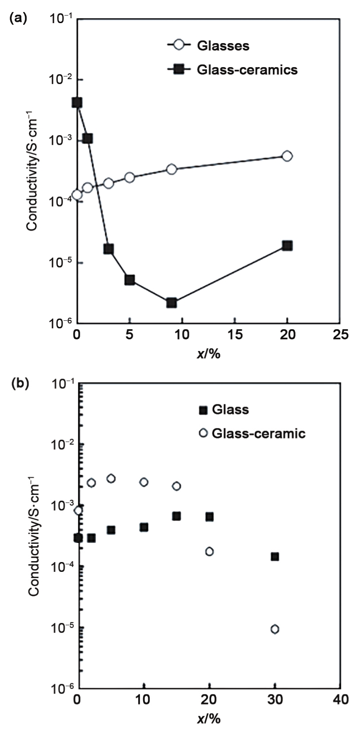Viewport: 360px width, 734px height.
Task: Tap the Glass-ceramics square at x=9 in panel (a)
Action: click(x=172, y=303)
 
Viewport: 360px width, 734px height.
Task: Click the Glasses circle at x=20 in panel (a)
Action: click(x=287, y=156)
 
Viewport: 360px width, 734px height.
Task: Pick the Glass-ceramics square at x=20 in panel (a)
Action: click(x=287, y=246)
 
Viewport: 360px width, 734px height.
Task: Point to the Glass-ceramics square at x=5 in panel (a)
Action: click(x=130, y=280)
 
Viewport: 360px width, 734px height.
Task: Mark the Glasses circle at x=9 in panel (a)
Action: click(x=172, y=169)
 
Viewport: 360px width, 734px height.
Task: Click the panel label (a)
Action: click(x=18, y=18)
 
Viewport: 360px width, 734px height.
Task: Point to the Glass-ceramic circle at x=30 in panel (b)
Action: click(x=275, y=629)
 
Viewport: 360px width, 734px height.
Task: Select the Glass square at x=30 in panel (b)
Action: click(x=275, y=557)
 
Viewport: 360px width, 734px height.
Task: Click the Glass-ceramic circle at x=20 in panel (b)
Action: click(x=209, y=551)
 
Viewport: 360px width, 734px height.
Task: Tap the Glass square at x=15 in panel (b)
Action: click(x=176, y=516)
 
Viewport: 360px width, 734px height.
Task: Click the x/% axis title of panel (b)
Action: click(x=208, y=718)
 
